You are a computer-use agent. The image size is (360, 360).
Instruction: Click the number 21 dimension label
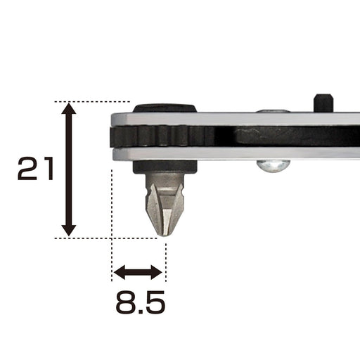coord(35,169)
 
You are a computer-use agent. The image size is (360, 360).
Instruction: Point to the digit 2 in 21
coord(26,169)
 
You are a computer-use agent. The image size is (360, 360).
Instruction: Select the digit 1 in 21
coord(46,169)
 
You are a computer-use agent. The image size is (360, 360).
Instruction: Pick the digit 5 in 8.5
coord(155,303)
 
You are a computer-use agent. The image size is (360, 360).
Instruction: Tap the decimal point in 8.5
coord(139,311)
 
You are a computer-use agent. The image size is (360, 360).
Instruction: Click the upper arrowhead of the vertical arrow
coord(68,110)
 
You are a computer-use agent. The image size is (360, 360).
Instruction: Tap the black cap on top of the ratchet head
coord(165,108)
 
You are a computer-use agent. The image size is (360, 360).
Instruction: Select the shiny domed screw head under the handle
coord(273,166)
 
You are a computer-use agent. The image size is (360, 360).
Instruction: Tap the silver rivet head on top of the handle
coord(274,110)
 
